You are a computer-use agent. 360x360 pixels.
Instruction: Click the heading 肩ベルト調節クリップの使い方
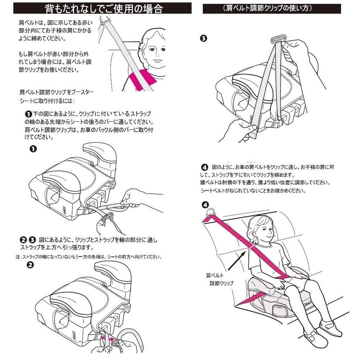coord(271,8)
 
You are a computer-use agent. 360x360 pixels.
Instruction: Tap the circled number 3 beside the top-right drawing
coord(203,39)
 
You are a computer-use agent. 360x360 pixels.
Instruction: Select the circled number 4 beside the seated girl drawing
coord(205,205)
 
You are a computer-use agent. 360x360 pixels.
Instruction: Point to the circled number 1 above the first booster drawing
coord(33,149)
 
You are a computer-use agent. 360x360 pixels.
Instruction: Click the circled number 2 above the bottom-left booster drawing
coord(30,265)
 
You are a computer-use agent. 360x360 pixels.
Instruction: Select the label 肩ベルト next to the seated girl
coord(214,275)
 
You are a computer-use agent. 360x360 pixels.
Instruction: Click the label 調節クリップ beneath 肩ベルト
coord(221,283)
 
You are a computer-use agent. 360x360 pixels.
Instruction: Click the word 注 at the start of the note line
coord(18,257)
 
